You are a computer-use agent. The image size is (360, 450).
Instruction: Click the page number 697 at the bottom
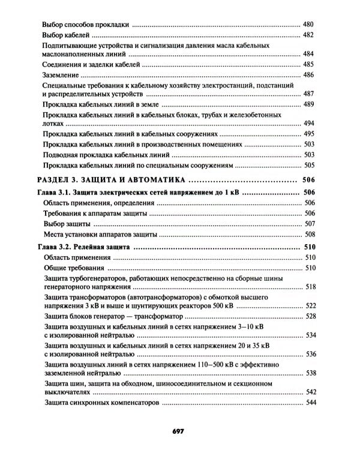[181, 431]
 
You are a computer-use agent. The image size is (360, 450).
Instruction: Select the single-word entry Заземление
[61, 75]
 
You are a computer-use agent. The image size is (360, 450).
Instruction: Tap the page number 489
[308, 104]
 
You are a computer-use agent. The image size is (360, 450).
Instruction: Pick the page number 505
[308, 165]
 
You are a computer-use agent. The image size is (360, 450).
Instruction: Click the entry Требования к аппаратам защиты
[96, 213]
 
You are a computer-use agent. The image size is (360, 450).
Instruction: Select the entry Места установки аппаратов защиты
[100, 234]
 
